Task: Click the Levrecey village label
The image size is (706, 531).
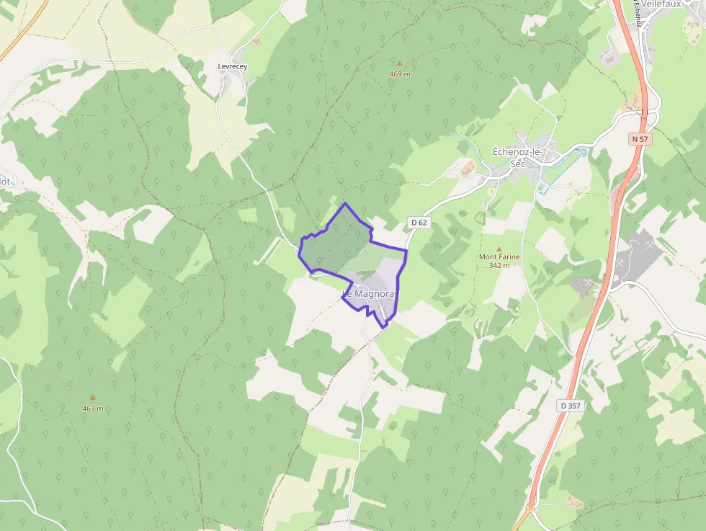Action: click(x=232, y=66)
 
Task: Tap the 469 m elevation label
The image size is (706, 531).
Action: click(x=400, y=73)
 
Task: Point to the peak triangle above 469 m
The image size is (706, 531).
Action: click(x=400, y=63)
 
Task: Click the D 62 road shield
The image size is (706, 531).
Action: click(x=419, y=223)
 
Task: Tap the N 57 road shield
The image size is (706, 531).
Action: click(x=640, y=138)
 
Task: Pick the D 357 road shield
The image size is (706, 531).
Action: click(x=570, y=406)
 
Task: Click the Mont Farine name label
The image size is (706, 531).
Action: click(x=499, y=256)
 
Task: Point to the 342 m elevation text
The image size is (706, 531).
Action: click(x=499, y=265)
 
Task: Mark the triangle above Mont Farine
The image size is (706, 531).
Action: click(x=499, y=249)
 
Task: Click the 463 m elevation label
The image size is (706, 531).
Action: click(x=92, y=409)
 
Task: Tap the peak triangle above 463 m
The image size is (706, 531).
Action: click(x=92, y=398)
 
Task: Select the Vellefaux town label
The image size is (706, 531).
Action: click(x=661, y=4)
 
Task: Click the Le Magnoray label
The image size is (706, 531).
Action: click(x=370, y=294)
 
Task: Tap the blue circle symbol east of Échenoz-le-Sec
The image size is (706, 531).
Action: click(x=583, y=152)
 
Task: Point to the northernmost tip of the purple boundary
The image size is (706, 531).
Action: click(x=345, y=203)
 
